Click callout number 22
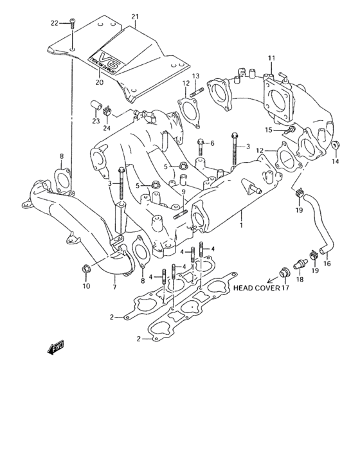tap(56, 23)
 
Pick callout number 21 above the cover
tap(134, 16)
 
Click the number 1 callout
tap(241, 227)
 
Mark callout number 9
tap(183, 192)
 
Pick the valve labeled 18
tap(297, 266)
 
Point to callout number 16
tap(326, 264)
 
